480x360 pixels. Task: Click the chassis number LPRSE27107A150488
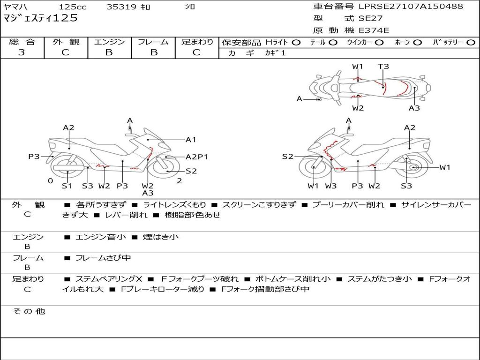tap(411, 7)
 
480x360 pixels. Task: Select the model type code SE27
tap(370, 18)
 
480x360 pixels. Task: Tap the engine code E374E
tap(374, 30)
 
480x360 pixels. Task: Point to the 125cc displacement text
tap(73, 7)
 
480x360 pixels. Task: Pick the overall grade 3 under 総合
tap(22, 52)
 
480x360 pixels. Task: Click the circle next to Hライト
tap(296, 43)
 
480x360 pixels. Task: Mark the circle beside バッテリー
tap(471, 43)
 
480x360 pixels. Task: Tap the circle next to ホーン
tap(418, 43)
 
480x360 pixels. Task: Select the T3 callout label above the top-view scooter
tap(383, 67)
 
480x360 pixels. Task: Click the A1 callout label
tap(191, 140)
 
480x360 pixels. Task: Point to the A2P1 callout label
tap(197, 157)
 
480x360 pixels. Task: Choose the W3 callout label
tap(331, 186)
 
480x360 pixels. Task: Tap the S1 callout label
tap(67, 186)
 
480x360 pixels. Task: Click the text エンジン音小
tap(100, 237)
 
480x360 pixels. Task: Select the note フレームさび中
tap(103, 258)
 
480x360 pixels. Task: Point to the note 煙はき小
tap(161, 237)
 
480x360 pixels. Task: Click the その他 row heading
tap(29, 311)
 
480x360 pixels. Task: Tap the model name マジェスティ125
tap(40, 18)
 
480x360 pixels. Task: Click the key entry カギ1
tap(275, 53)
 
